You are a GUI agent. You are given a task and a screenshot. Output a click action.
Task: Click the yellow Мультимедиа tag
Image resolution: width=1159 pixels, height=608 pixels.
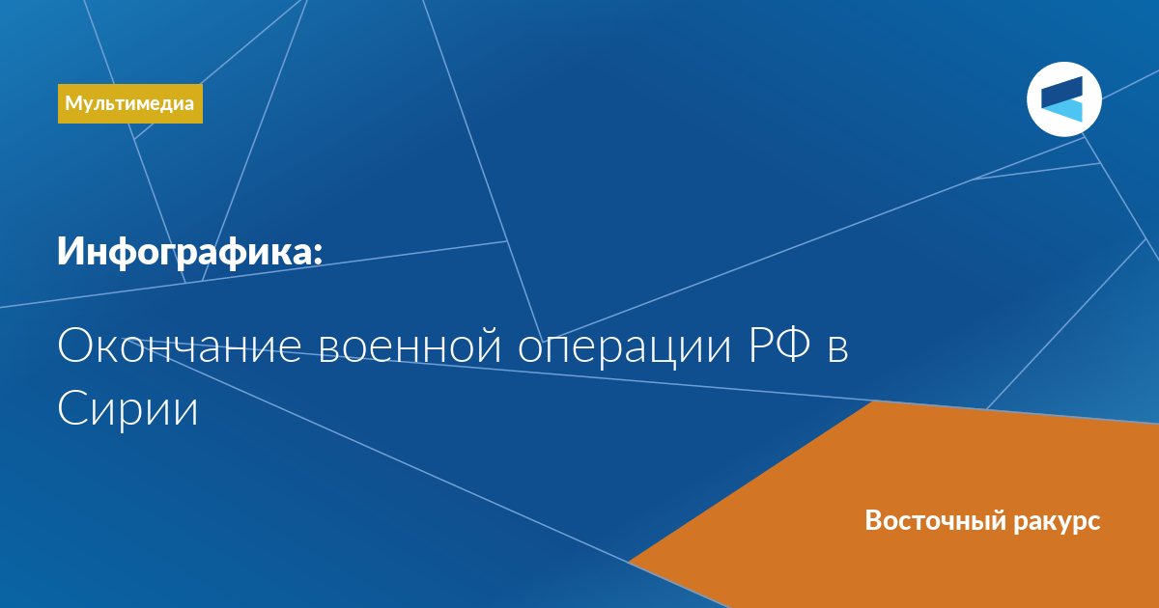pyautogui.click(x=129, y=103)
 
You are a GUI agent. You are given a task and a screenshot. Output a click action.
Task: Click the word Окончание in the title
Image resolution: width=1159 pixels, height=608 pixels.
pyautogui.click(x=179, y=346)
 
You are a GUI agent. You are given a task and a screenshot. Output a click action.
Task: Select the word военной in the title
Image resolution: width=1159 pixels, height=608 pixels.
pyautogui.click(x=410, y=346)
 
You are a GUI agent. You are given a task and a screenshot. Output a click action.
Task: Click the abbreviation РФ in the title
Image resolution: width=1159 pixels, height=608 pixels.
pyautogui.click(x=779, y=345)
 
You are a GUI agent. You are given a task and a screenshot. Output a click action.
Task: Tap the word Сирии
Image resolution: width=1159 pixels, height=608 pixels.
pyautogui.click(x=127, y=408)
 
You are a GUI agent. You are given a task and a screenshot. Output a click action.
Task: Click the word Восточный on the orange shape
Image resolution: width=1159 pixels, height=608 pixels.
pyautogui.click(x=936, y=520)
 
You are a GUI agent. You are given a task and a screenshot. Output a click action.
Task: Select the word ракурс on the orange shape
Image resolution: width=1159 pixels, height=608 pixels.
pyautogui.click(x=1057, y=522)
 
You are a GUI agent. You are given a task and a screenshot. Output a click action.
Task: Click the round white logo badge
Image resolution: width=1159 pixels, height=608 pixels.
pyautogui.click(x=1063, y=99)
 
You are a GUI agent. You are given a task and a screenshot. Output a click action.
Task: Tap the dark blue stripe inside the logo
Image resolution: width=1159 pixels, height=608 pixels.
pyautogui.click(x=1061, y=92)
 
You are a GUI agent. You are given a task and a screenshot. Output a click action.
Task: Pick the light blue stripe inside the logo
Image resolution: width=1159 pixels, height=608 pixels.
pyautogui.click(x=1062, y=112)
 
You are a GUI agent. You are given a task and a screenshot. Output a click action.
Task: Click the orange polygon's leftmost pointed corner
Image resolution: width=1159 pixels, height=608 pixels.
pyautogui.click(x=629, y=562)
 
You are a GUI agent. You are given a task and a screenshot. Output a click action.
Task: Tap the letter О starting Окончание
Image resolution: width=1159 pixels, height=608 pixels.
pyautogui.click(x=75, y=345)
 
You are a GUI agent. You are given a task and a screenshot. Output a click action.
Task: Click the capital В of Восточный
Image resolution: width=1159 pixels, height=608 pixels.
pyautogui.click(x=874, y=520)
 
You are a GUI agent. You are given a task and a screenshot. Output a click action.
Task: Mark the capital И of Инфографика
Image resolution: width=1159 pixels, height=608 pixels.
pyautogui.click(x=71, y=251)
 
